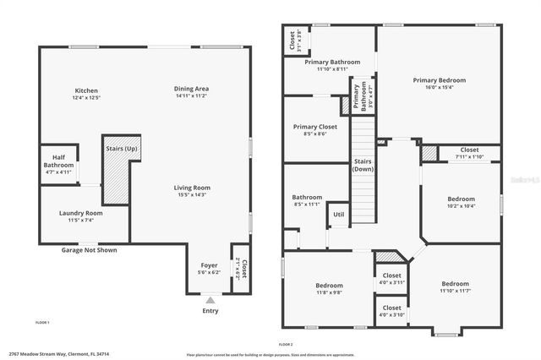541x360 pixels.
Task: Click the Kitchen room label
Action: [x=86, y=90]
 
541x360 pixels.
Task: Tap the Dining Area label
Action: [x=191, y=89]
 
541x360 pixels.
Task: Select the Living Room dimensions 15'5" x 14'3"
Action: [x=191, y=195]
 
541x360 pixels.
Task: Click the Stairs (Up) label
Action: [x=122, y=149]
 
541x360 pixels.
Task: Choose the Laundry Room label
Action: [x=81, y=213]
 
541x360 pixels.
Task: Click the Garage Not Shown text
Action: [x=89, y=250]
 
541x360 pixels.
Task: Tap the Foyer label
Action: [x=209, y=265]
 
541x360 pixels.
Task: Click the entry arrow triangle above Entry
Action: [x=210, y=299]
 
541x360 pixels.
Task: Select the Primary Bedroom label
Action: [x=439, y=80]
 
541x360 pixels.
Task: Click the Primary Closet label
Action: [x=314, y=127]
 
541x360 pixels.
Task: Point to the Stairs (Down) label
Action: [x=363, y=165]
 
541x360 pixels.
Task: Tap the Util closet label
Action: [x=338, y=215]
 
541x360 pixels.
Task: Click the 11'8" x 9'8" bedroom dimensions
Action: [x=328, y=292]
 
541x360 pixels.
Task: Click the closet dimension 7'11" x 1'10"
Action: [x=468, y=156]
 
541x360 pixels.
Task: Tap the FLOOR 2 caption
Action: [x=285, y=345]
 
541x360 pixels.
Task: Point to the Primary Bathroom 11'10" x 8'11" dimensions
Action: [x=320, y=69]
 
